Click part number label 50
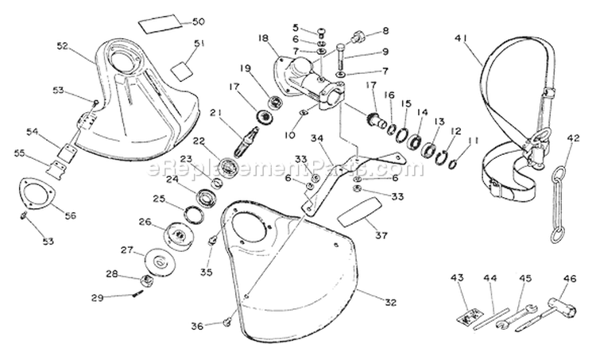[199, 21]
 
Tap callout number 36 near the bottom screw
[199, 325]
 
